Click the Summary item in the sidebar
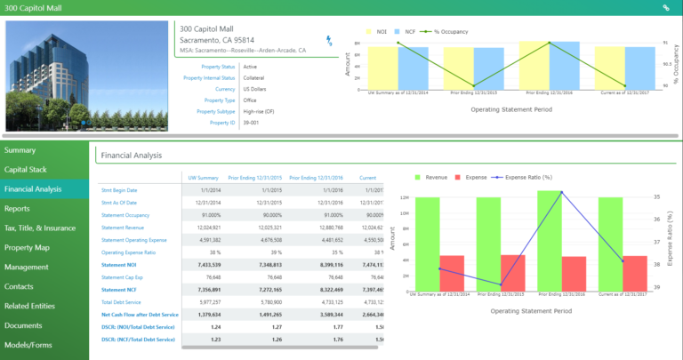(x=20, y=150)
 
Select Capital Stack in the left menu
(x=27, y=169)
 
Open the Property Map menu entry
(x=27, y=247)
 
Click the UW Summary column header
(x=200, y=177)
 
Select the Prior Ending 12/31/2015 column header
(x=254, y=177)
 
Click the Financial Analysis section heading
(x=131, y=156)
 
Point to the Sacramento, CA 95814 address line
(x=217, y=40)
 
